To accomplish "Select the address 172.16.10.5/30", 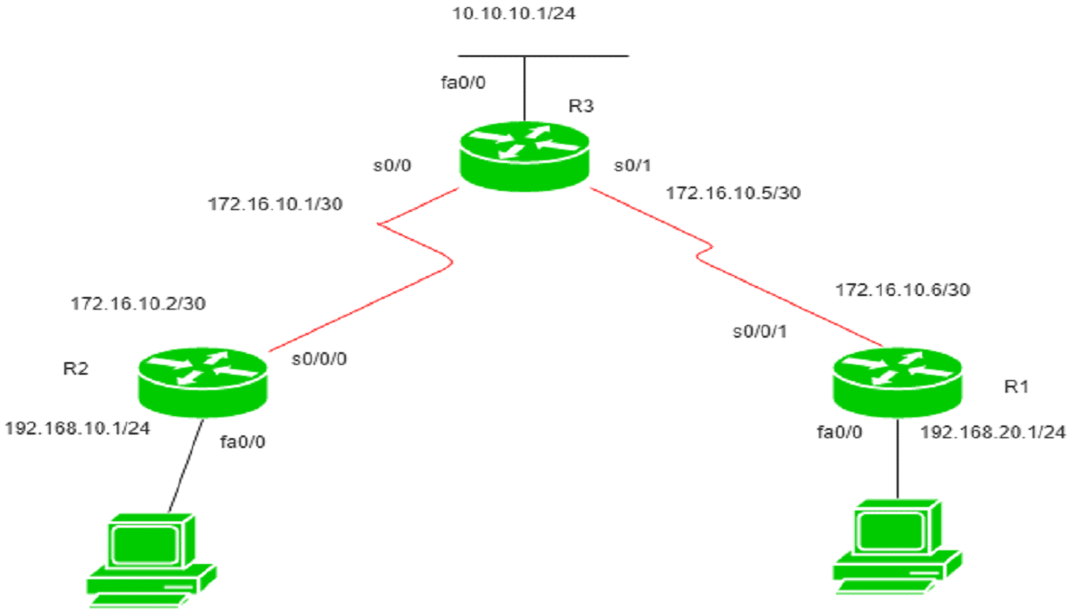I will [x=734, y=192].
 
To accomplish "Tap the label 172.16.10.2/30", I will [x=139, y=303].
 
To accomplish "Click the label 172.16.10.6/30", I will [x=901, y=291].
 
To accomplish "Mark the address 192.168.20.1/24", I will [x=993, y=433].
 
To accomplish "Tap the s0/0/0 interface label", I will [x=319, y=358].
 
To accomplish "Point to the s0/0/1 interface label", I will [x=759, y=331].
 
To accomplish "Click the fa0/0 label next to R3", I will [x=464, y=83].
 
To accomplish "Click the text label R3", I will [x=581, y=107].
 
